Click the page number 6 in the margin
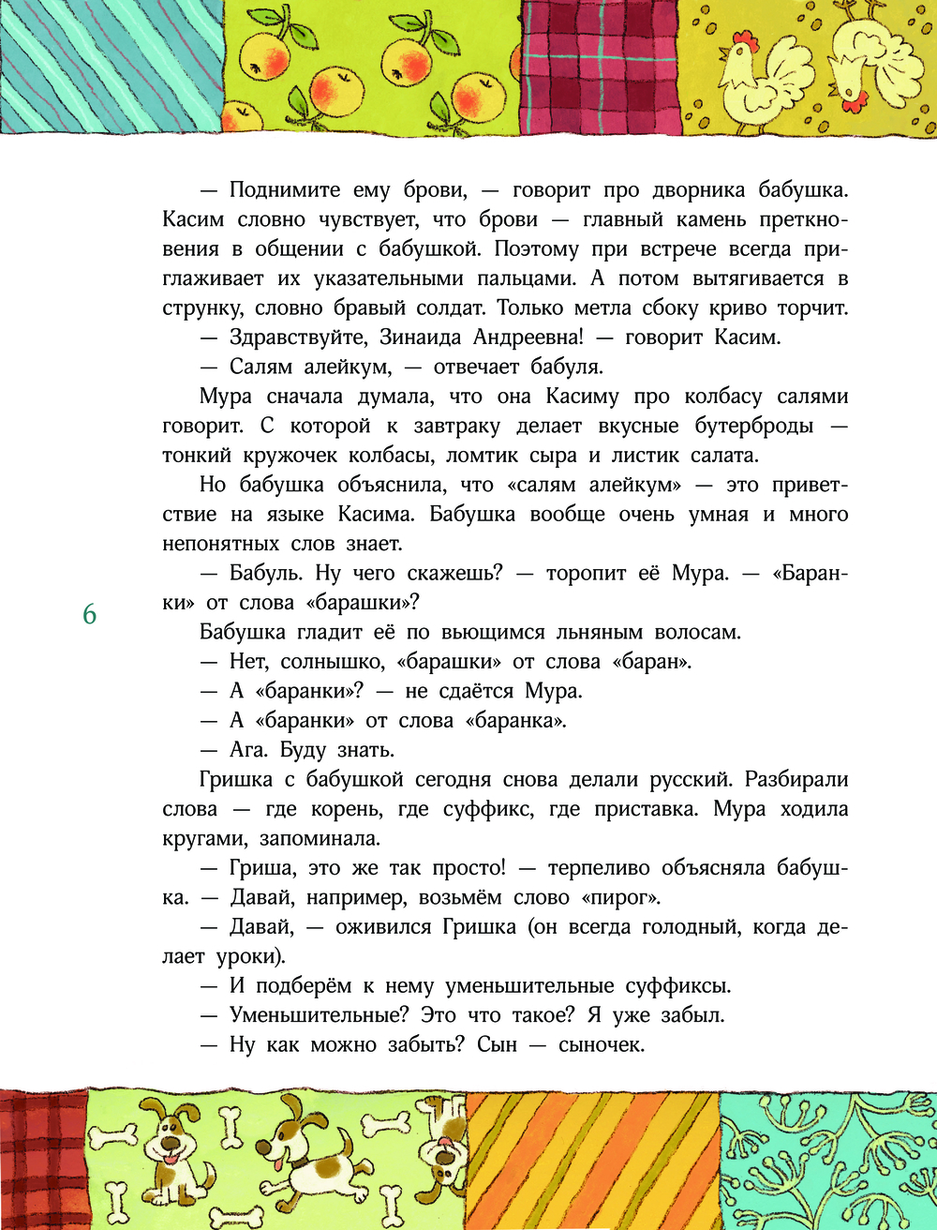pyautogui.click(x=90, y=615)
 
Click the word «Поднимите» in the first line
pyautogui.click(x=284, y=190)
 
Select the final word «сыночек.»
pyautogui.click(x=602, y=1044)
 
